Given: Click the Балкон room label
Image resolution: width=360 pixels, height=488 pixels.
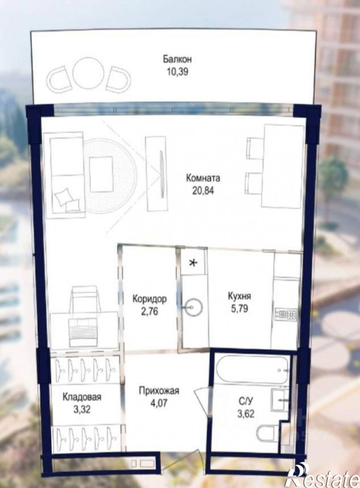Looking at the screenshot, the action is (177, 59).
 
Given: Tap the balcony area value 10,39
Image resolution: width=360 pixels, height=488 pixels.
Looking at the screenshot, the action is (177, 72).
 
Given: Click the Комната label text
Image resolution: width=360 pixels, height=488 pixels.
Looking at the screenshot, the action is (203, 178).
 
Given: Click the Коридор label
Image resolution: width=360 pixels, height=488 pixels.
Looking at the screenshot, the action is (149, 299).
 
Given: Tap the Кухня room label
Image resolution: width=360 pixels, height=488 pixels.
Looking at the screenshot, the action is (239, 296).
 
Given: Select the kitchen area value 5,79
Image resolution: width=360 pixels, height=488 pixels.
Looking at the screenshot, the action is (239, 309).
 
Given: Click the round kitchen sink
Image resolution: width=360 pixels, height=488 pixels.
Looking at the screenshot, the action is (193, 308).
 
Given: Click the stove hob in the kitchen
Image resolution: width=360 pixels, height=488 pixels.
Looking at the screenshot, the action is (286, 314).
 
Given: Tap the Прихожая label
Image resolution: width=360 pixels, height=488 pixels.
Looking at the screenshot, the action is (159, 391).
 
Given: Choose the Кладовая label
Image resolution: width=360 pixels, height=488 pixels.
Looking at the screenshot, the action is (82, 397).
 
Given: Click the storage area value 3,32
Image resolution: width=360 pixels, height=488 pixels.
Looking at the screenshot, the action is (82, 409).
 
